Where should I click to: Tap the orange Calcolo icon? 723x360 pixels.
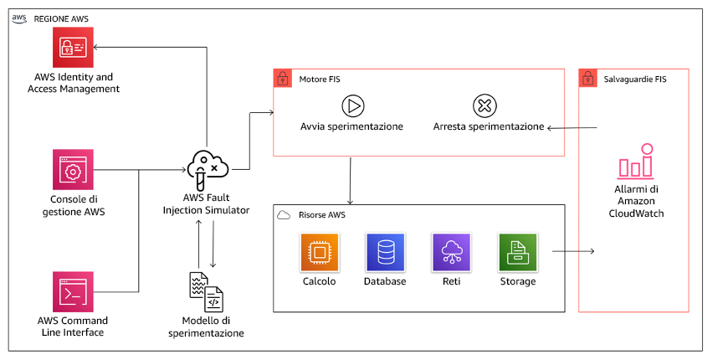tap(319, 252)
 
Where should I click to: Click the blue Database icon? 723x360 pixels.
tap(385, 252)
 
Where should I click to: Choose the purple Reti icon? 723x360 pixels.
tap(451, 252)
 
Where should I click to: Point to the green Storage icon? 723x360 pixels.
tap(517, 252)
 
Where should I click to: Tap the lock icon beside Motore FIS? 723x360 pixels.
tap(282, 78)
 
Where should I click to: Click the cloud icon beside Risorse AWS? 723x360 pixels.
tap(283, 214)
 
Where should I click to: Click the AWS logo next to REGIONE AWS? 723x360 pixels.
tap(18, 17)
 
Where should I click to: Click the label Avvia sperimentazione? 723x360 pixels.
tap(351, 126)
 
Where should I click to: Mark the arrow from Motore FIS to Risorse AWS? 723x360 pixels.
tap(350, 179)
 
